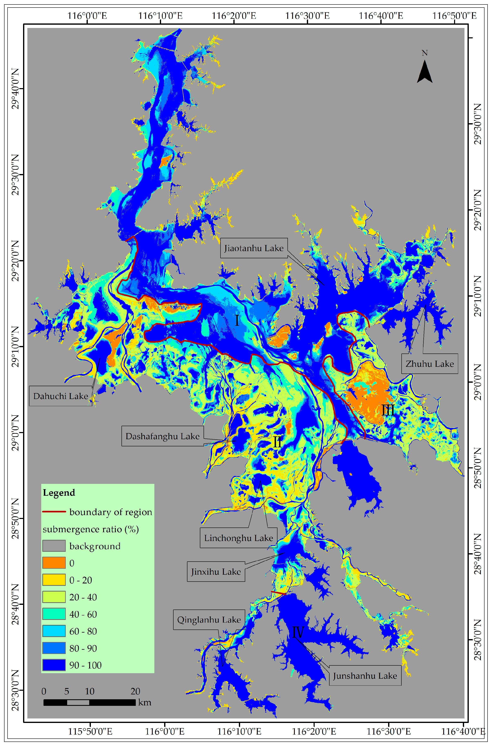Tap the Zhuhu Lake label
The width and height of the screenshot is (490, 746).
coord(429,364)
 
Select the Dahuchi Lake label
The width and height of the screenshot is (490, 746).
coord(61,396)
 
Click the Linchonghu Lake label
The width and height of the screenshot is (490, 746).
coord(238,538)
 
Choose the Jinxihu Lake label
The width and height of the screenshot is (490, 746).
coord(216,572)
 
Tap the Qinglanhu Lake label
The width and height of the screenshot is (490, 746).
coord(209,620)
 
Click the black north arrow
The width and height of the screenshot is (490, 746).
coord(424,71)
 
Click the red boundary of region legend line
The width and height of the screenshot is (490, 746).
coord(54,512)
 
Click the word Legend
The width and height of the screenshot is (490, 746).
coord(59,493)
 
